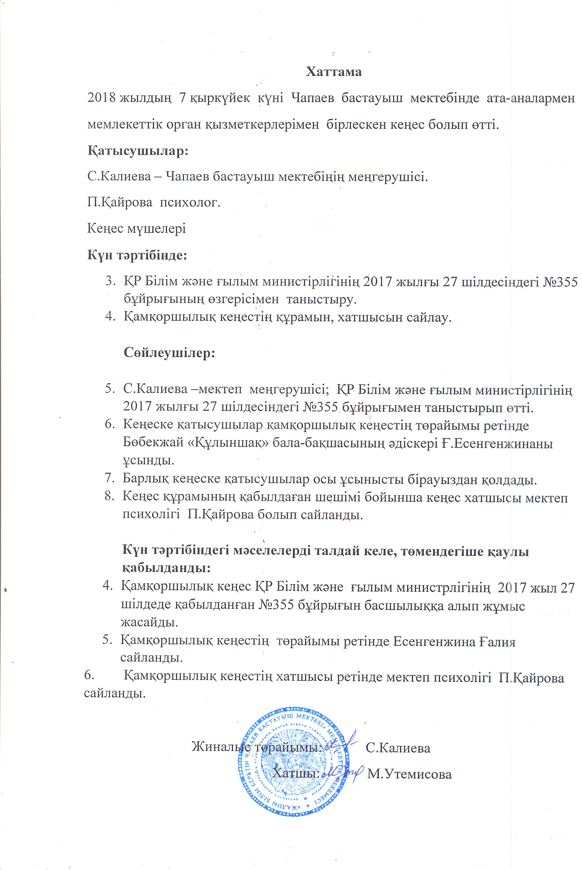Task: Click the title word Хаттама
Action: pos(334,71)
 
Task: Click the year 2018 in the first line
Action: pos(101,98)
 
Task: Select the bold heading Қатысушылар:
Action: pos(138,151)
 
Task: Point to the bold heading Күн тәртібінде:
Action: pos(137,255)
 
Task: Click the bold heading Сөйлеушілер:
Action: pos(169,352)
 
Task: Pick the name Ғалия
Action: pos(497,641)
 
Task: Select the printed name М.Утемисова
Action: pos(409,774)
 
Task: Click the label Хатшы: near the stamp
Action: pos(296,773)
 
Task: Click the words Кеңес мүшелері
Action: pos(136,228)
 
